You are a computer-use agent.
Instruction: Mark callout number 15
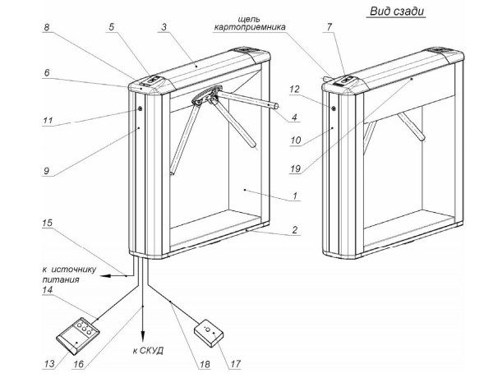click(x=47, y=223)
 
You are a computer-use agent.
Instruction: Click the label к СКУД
click(x=147, y=350)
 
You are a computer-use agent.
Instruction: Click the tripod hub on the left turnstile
click(x=202, y=99)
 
